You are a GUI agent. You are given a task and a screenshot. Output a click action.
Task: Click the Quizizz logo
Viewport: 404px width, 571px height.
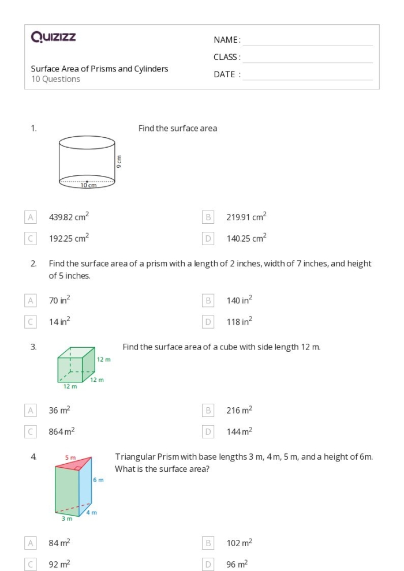(53, 37)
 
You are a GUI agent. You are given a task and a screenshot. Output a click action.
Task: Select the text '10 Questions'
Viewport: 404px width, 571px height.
(55, 80)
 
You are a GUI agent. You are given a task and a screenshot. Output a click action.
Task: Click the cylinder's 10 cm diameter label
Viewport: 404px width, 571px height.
(88, 185)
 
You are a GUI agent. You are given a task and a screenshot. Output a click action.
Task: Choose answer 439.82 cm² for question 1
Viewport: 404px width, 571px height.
(69, 217)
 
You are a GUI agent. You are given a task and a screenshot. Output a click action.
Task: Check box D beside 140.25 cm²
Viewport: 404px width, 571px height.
(208, 238)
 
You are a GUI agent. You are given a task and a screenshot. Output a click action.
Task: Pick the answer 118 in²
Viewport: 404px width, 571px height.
(239, 322)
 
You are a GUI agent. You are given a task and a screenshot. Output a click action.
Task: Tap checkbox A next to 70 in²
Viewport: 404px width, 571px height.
(31, 300)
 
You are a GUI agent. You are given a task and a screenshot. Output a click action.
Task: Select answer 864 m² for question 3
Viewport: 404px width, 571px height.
(61, 431)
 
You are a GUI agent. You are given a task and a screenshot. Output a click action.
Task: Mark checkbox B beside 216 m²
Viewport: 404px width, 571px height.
(208, 411)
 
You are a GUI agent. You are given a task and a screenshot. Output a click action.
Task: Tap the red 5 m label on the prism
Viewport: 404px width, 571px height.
(70, 457)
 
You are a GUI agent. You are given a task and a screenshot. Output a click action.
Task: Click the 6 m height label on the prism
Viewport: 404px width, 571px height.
(98, 479)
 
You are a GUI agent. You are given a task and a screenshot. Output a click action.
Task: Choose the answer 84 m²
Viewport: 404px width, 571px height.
(59, 543)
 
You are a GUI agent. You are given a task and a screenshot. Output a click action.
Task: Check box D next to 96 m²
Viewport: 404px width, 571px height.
(208, 564)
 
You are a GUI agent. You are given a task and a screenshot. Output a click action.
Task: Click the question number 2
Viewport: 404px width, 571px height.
(33, 264)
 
